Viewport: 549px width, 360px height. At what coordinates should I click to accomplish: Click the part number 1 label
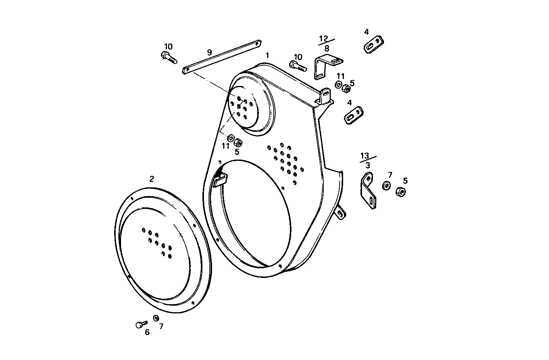(267, 56)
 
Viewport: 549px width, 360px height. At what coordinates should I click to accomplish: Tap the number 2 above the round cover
(152, 178)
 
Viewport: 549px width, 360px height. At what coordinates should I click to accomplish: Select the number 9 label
(209, 52)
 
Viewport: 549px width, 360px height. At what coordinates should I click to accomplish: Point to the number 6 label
(147, 332)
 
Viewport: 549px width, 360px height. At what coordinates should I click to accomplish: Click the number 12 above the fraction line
(323, 38)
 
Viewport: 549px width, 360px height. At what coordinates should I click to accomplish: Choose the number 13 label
(365, 156)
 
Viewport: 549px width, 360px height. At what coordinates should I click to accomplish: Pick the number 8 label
(327, 49)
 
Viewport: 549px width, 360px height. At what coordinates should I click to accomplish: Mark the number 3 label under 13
(368, 165)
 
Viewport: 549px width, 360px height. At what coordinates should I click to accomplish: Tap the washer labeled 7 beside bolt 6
(156, 318)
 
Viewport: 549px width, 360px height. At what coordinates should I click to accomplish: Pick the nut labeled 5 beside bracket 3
(400, 191)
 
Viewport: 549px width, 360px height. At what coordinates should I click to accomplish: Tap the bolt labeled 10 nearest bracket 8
(298, 66)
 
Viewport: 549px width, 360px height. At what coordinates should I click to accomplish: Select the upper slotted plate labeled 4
(374, 45)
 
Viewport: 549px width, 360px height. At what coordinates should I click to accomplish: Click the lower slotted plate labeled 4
(354, 115)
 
